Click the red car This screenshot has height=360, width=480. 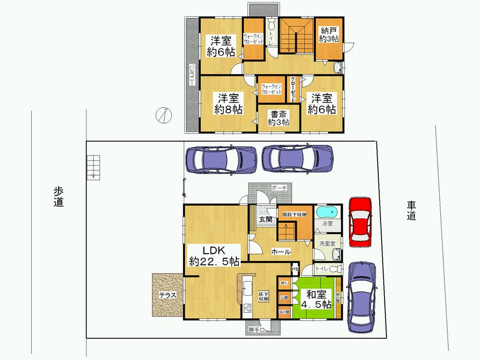pyautogui.click(x=360, y=222)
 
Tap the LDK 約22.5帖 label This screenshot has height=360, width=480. pyautogui.click(x=214, y=255)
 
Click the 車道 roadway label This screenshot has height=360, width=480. pyautogui.click(x=412, y=210)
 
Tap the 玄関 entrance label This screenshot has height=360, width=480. pyautogui.click(x=265, y=219)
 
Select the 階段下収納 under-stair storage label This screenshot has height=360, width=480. pyautogui.click(x=294, y=214)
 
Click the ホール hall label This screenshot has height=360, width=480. pyautogui.click(x=280, y=251)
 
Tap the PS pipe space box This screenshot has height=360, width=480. pyautogui.click(x=295, y=269)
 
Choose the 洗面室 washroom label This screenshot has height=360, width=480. pyautogui.click(x=328, y=243)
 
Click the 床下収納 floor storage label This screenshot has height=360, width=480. pyautogui.click(x=264, y=296)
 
